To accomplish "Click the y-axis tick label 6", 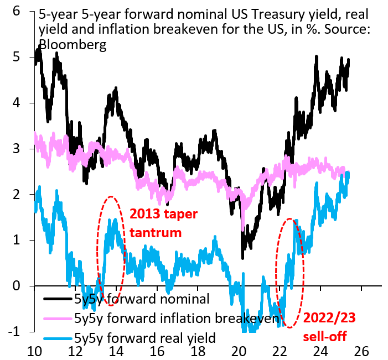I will click(17, 11).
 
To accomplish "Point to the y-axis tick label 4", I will click(17, 102).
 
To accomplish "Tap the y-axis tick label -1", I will click(14, 331).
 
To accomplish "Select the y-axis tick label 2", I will click(17, 194).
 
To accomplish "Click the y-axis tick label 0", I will click(17, 285).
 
